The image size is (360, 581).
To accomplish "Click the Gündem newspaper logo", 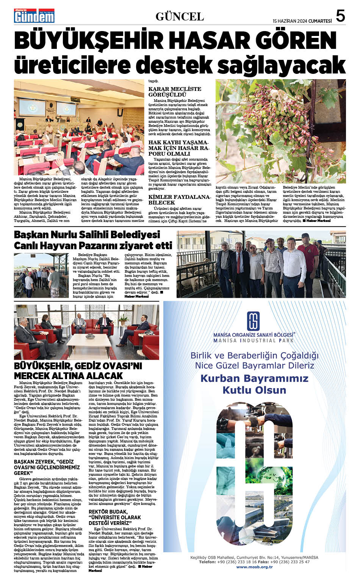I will pyautogui.click(x=34, y=16).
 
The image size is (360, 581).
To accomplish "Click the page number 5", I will pyautogui.click(x=340, y=16).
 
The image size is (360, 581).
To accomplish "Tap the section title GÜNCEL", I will pyautogui.click(x=180, y=17).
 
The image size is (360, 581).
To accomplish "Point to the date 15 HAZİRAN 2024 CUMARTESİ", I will pyautogui.click(x=302, y=21).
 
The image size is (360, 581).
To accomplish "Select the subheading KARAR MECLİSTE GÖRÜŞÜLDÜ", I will pyautogui.click(x=175, y=92).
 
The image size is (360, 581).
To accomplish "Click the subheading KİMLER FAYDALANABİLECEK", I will pyautogui.click(x=179, y=200).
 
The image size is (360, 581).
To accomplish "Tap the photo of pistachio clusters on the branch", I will pyautogui.click(x=280, y=131).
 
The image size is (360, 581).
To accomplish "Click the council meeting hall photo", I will pyautogui.click(x=79, y=127).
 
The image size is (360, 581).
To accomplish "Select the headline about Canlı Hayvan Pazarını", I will pyautogui.click(x=93, y=240).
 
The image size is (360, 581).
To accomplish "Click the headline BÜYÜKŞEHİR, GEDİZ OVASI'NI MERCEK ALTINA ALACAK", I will pyautogui.click(x=78, y=371).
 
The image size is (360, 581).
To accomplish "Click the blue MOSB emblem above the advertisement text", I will pyautogui.click(x=254, y=321).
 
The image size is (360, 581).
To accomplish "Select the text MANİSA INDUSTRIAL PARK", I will pyautogui.click(x=254, y=340).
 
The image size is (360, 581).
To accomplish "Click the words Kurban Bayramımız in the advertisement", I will pyautogui.click(x=254, y=378).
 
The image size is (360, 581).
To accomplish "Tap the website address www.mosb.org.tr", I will pyautogui.click(x=254, y=567).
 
